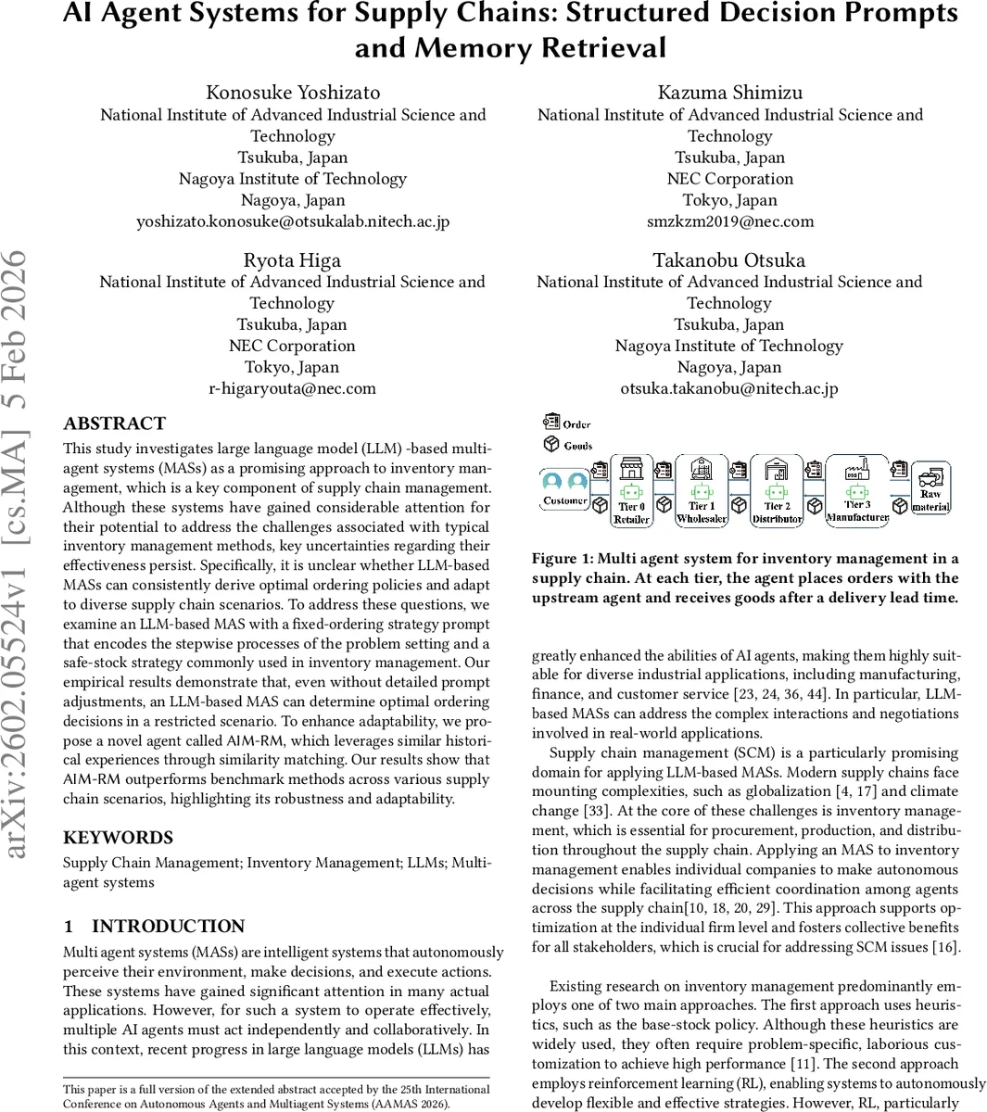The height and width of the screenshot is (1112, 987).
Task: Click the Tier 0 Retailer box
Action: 631,491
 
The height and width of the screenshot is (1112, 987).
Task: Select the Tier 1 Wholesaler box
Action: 702,491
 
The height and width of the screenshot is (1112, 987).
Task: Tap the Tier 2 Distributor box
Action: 777,491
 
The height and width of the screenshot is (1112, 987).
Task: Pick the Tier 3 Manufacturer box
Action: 857,491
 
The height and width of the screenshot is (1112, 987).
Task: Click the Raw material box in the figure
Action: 930,488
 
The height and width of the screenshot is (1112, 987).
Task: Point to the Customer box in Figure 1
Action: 565,489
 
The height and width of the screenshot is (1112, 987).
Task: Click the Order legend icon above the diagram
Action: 552,423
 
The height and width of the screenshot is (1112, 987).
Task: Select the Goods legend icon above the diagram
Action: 552,445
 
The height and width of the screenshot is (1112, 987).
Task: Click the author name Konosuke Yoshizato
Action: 293,93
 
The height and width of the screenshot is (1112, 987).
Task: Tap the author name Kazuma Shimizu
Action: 730,93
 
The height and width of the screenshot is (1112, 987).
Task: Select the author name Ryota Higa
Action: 292,260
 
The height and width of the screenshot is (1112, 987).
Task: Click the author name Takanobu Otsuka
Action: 729,260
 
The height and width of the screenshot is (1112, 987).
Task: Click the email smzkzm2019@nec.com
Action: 730,221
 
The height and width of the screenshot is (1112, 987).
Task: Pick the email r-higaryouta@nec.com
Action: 292,388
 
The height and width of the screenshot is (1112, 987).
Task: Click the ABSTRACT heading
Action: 114,423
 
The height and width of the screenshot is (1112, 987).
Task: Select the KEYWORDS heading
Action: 118,838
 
